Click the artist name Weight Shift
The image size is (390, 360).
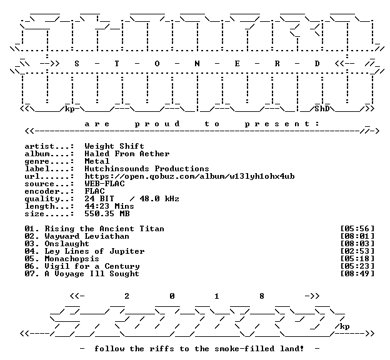click(x=114, y=146)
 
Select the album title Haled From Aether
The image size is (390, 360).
click(x=127, y=154)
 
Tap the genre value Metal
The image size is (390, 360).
click(x=97, y=161)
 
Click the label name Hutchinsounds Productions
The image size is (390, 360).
click(x=147, y=169)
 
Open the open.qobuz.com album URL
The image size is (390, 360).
click(x=189, y=176)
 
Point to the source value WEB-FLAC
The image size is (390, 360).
click(x=104, y=184)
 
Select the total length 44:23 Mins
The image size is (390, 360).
click(x=109, y=206)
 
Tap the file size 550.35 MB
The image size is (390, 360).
click(x=107, y=214)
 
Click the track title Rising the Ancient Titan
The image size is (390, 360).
click(x=104, y=229)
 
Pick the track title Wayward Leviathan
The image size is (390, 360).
click(x=87, y=236)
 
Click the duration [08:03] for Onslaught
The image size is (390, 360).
click(x=357, y=244)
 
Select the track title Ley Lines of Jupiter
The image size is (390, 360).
click(x=94, y=251)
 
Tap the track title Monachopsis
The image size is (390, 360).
click(x=72, y=259)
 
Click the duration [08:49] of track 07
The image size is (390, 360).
click(x=357, y=274)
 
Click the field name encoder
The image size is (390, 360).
click(x=42, y=191)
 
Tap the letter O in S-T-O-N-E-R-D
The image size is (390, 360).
click(x=157, y=64)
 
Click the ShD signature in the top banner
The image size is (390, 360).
click(x=322, y=109)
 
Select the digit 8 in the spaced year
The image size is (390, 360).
click(x=262, y=296)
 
